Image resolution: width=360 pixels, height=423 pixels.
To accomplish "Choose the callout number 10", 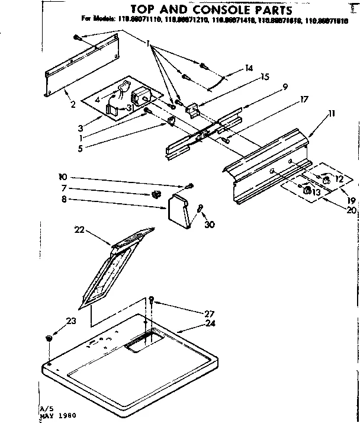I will (x=62, y=177).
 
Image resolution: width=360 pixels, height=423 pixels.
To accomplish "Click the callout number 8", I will (x=63, y=199).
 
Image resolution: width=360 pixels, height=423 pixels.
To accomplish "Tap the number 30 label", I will (x=208, y=223).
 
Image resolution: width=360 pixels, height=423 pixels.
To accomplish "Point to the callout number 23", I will (x=71, y=321).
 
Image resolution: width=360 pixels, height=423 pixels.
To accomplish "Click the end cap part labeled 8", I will (x=179, y=210).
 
